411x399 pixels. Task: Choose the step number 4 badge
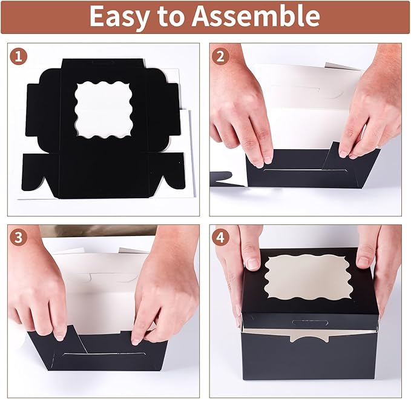coord(222,238)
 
